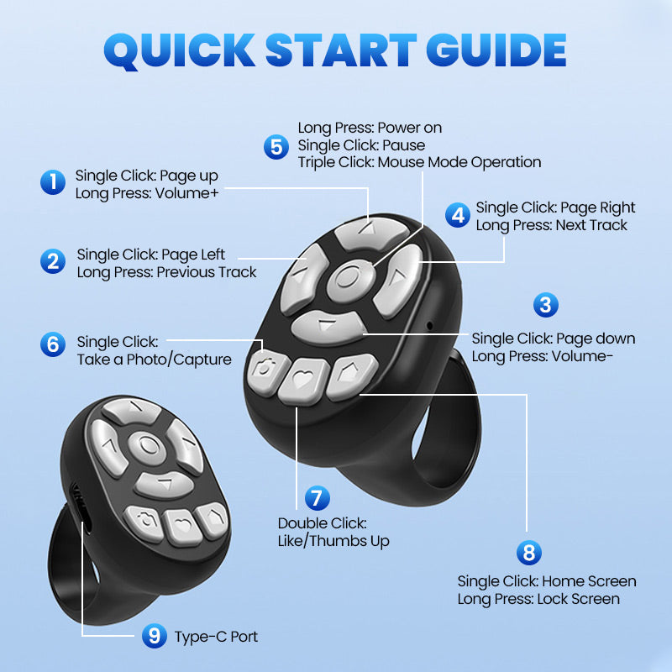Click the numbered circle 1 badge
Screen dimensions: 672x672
click(x=53, y=182)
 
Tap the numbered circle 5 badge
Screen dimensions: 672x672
click(x=276, y=146)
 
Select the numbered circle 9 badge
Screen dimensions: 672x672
click(x=153, y=636)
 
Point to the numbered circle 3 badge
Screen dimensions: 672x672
click(x=546, y=304)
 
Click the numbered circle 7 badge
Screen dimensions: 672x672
click(x=316, y=498)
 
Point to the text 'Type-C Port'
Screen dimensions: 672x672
click(x=216, y=637)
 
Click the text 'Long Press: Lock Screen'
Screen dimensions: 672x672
click(x=538, y=599)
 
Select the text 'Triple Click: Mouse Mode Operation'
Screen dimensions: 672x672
click(x=419, y=162)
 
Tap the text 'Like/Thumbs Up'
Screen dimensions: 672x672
click(x=333, y=541)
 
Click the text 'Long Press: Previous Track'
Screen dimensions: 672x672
click(x=166, y=272)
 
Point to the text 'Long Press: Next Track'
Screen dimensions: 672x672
click(x=551, y=225)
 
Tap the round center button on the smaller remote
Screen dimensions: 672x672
click(x=148, y=444)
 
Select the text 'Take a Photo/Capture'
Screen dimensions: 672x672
click(x=154, y=360)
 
